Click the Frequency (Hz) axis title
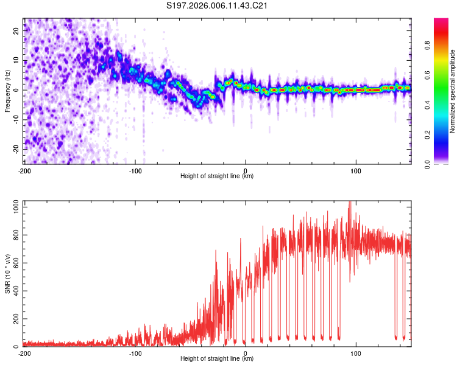[7, 91]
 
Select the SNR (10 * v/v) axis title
[7, 274]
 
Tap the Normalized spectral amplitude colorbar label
[453, 92]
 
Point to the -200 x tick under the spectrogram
[24, 170]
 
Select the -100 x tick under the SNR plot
[135, 353]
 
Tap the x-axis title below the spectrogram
[217, 176]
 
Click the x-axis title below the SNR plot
[217, 360]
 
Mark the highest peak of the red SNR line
[350, 202]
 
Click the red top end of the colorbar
[441, 21]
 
